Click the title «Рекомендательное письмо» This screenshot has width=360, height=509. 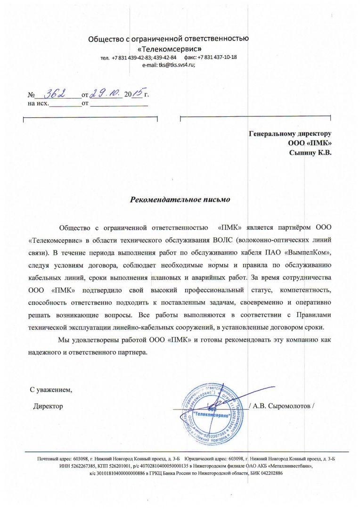(x=180, y=199)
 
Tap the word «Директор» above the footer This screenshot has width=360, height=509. (x=48, y=406)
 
